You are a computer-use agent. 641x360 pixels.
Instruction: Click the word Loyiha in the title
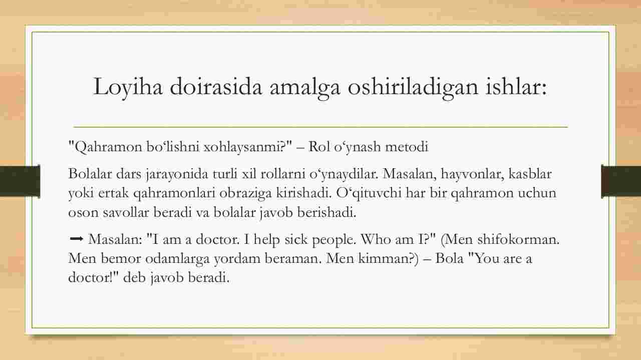[128, 87]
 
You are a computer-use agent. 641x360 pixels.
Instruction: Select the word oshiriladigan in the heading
[413, 87]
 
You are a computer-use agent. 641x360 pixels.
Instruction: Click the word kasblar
[530, 174]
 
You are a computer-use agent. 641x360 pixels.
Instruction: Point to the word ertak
[113, 193]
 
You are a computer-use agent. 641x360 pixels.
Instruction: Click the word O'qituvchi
[369, 193]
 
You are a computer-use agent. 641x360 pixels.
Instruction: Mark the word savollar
[126, 213]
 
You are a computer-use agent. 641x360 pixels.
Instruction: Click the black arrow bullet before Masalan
[77, 238]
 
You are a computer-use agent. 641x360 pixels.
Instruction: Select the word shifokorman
[518, 239]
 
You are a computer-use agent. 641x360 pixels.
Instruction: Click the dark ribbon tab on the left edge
[20, 181]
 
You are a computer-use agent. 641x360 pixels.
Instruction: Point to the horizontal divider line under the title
[320, 126]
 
